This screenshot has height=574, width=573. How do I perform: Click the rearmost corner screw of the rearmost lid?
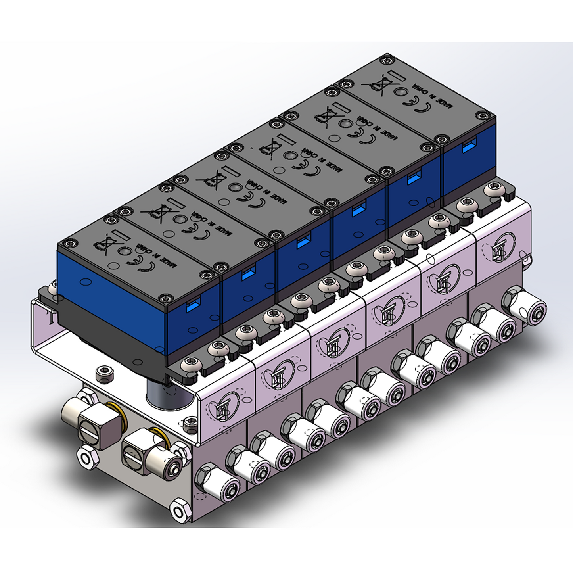click(x=386, y=60)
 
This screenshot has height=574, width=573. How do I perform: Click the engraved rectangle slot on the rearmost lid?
click(x=395, y=75)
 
